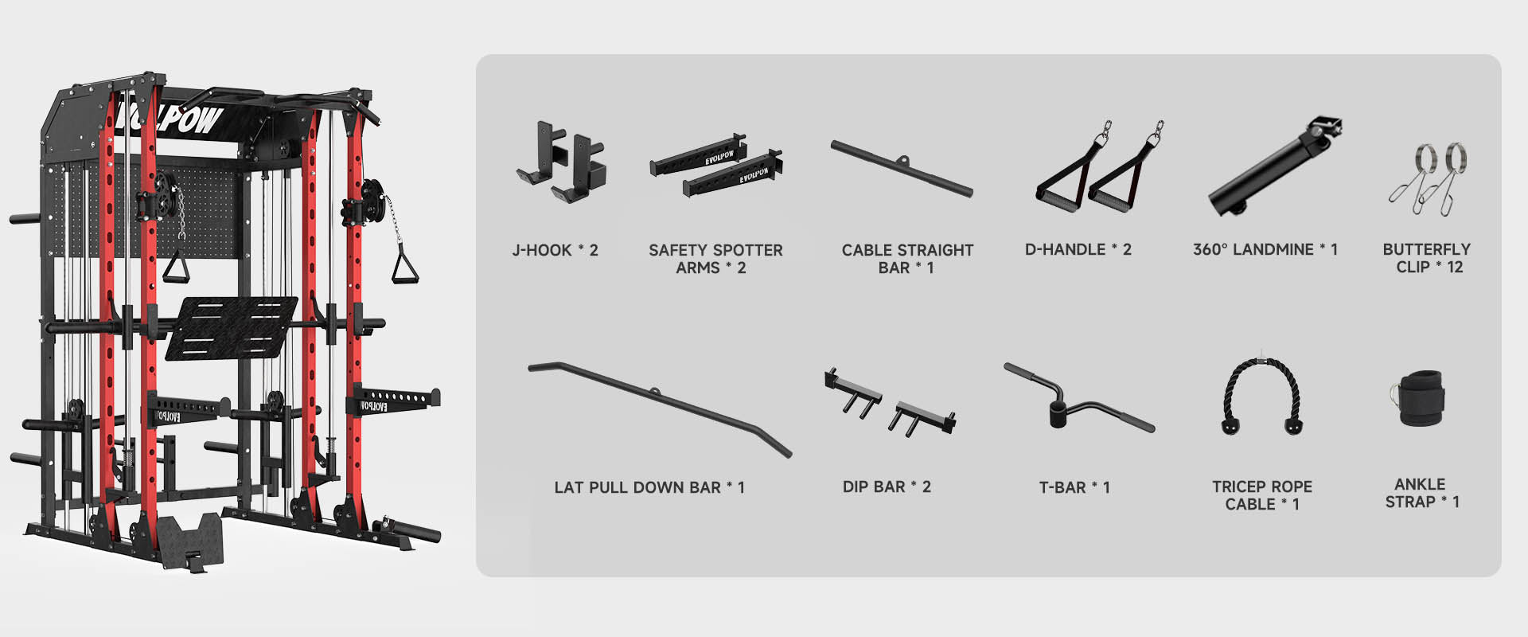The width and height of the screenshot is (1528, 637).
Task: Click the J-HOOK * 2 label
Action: [x=555, y=250]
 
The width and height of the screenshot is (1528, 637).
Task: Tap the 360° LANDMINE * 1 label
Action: [x=1265, y=249]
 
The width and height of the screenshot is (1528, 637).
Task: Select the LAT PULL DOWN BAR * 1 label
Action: [x=649, y=487]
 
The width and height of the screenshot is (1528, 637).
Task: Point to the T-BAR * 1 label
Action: [x=1074, y=487]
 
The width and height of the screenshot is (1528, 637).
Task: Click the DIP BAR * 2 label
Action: [x=887, y=487]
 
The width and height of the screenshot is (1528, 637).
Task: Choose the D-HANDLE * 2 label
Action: [x=1078, y=249]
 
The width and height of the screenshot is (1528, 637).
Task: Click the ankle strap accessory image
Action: [x=1417, y=398]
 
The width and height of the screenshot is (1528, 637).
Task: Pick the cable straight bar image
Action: [x=901, y=168]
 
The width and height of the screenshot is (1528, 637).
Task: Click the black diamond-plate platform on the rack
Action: [x=231, y=327]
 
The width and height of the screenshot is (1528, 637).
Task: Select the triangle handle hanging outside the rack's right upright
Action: [x=406, y=264]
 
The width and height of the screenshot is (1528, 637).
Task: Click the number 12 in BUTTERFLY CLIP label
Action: [x=1455, y=267]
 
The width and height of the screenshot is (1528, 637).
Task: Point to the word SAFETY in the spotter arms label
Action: [x=679, y=250]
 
